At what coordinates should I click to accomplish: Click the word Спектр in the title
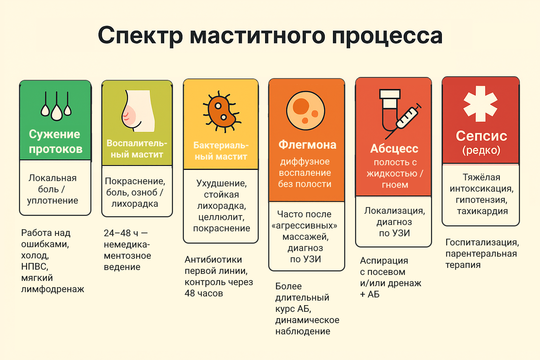click(x=140, y=36)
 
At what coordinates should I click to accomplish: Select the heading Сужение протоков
click(x=55, y=141)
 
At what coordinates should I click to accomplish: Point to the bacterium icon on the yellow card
click(x=221, y=111)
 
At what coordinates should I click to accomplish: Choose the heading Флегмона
click(x=307, y=144)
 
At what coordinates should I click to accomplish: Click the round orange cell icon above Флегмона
click(x=306, y=110)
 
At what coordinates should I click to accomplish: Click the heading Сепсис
click(x=481, y=136)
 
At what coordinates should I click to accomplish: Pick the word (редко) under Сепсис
click(x=481, y=150)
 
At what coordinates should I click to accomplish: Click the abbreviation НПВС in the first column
click(x=34, y=266)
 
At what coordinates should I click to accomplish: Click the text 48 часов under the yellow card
click(x=204, y=293)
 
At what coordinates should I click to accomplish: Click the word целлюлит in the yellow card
click(x=221, y=217)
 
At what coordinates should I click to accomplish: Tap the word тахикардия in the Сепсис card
click(x=482, y=211)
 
